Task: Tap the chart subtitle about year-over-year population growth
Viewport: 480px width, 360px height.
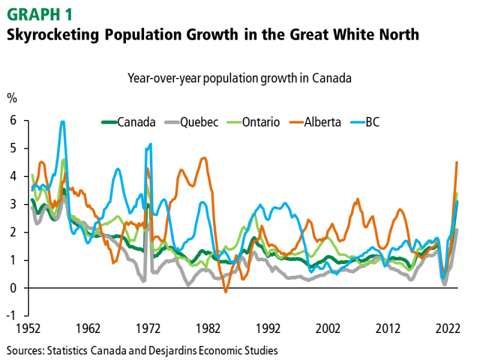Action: pyautogui.click(x=239, y=78)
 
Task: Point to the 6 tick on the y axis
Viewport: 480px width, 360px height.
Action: pyautogui.click(x=12, y=121)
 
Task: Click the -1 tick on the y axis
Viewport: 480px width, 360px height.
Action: pyautogui.click(x=11, y=316)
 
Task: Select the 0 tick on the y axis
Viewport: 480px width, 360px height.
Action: pyautogui.click(x=12, y=288)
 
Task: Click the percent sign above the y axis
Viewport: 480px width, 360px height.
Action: pyautogui.click(x=11, y=98)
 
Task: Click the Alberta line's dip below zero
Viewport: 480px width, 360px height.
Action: pyautogui.click(x=226, y=292)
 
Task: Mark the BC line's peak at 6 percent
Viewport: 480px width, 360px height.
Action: pyautogui.click(x=62, y=122)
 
